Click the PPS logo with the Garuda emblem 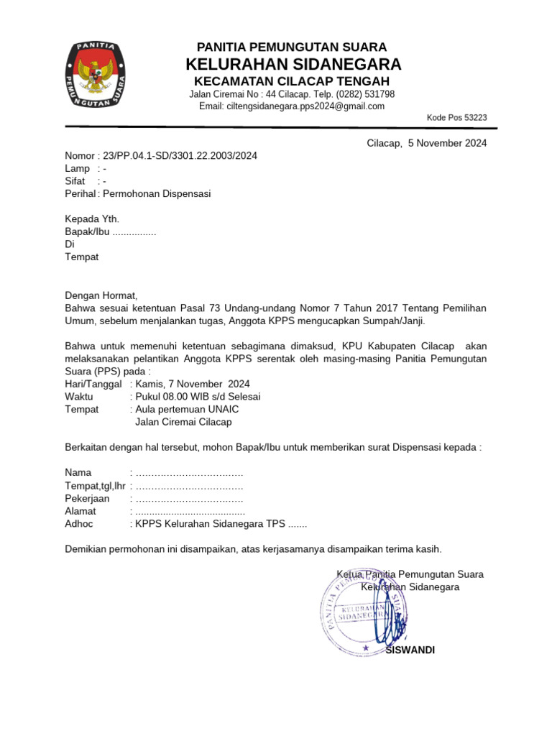click(96, 75)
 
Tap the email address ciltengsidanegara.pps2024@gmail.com click(292, 106)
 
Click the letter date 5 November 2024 click(447, 143)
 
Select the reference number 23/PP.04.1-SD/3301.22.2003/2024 click(180, 156)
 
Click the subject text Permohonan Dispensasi click(157, 194)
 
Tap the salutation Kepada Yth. click(92, 219)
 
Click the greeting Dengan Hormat click(101, 295)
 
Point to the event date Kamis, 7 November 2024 click(193, 384)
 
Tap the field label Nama click(78, 472)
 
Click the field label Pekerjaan click(87, 498)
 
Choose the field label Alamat click(80, 511)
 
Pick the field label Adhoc click(79, 524)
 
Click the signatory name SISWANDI click(410, 650)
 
